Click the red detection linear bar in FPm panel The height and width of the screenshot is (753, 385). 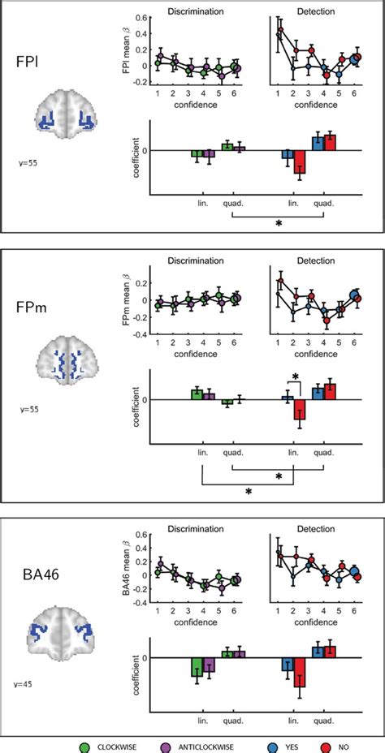pyautogui.click(x=300, y=414)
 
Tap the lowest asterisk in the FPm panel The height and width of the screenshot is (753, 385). pyautogui.click(x=247, y=492)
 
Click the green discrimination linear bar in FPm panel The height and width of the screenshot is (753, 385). pyautogui.click(x=197, y=394)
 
